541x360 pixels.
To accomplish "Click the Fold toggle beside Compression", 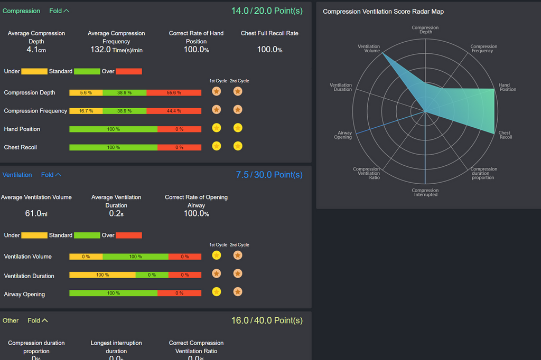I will point(59,11).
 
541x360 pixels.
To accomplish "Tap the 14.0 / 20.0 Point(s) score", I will point(267,11).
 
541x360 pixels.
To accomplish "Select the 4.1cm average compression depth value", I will point(36,50).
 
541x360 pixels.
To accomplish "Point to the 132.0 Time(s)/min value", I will point(116,50).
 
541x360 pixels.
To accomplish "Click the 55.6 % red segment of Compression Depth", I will point(174,92).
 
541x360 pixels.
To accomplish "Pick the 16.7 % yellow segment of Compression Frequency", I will point(86,111).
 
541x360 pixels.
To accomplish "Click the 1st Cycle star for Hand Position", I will point(217,128).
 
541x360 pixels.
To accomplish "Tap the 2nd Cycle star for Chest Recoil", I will point(238,146).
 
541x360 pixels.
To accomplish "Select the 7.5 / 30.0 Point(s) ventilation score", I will point(269,175).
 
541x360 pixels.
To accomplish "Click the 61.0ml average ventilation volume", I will point(36,214).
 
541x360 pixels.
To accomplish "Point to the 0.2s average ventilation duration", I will point(116,214).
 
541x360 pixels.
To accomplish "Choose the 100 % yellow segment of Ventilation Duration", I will point(102,275).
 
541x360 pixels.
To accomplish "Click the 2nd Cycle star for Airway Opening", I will point(238,292).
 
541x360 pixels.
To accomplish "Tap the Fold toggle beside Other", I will point(38,320).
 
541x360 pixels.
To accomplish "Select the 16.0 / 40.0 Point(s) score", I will point(267,320).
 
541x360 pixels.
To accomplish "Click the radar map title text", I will point(384,12).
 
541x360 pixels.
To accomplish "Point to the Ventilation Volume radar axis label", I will point(369,49).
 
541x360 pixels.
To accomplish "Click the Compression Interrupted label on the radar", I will point(425,193).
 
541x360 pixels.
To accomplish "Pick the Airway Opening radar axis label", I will point(343,135).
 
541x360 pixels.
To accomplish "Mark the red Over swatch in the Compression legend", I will point(129,71).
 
